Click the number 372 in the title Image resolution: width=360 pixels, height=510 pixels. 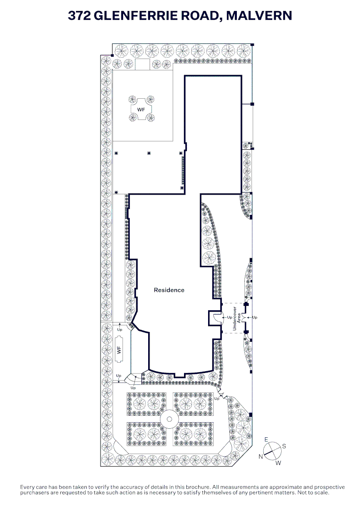click(80, 16)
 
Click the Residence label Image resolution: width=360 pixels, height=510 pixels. click(169, 290)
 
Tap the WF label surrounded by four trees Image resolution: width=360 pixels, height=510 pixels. click(141, 109)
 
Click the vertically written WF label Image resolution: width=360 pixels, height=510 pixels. click(119, 350)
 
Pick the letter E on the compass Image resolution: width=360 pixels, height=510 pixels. click(266, 440)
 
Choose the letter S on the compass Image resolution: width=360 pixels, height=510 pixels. click(284, 446)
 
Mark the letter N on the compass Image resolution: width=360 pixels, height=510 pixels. click(260, 457)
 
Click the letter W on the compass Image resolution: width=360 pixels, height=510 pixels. click(278, 463)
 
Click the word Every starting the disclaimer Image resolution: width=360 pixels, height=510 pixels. click(27, 487)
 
